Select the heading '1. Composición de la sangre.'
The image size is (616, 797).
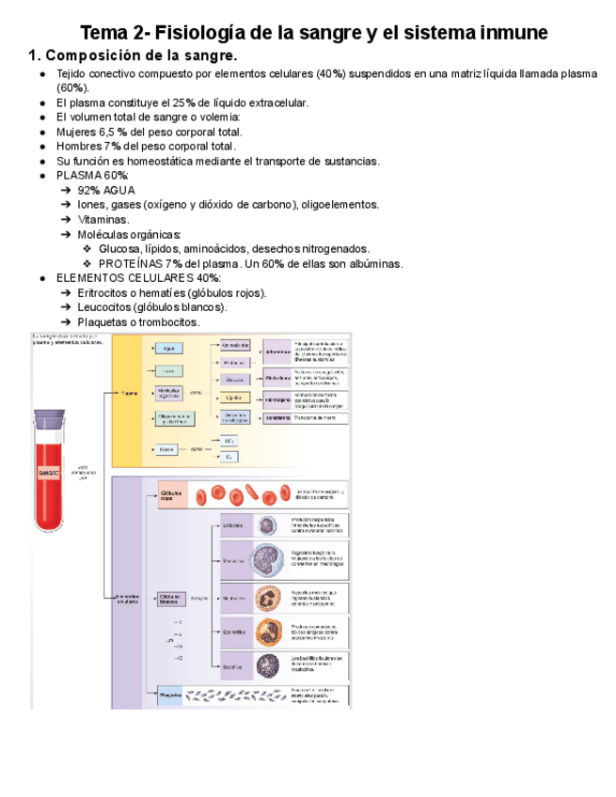coord(140,55)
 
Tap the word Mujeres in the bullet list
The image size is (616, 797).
coord(79,133)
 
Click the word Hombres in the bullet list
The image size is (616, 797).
coord(80,147)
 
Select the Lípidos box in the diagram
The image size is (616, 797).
coord(235,398)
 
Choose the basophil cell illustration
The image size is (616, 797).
coord(268,665)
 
